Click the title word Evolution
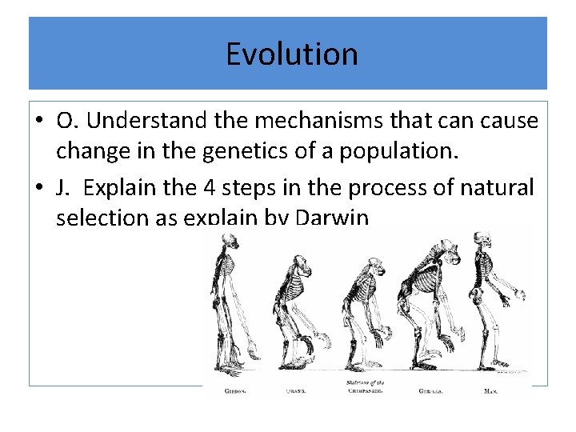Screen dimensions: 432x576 pyautogui.click(x=291, y=54)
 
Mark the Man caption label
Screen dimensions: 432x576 pyautogui.click(x=491, y=392)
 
